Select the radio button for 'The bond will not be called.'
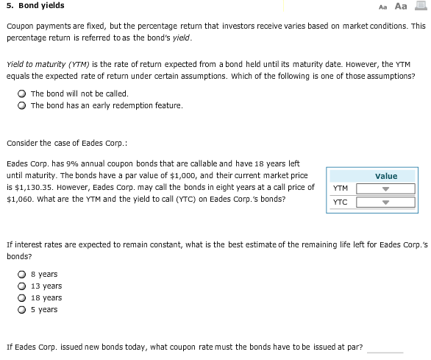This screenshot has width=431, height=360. (24, 93)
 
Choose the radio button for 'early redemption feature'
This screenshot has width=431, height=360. (24, 105)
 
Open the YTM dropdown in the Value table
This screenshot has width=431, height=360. (385, 188)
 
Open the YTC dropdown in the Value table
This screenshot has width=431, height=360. (385, 202)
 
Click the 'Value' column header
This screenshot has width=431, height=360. (385, 176)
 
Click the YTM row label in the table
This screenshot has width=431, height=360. (340, 188)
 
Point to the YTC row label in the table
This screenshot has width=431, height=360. (340, 202)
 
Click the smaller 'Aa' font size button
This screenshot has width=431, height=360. (384, 7)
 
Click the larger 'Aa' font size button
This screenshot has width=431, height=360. (401, 6)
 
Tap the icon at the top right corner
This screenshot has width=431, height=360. (421, 6)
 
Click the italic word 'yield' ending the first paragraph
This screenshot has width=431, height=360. (181, 37)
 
